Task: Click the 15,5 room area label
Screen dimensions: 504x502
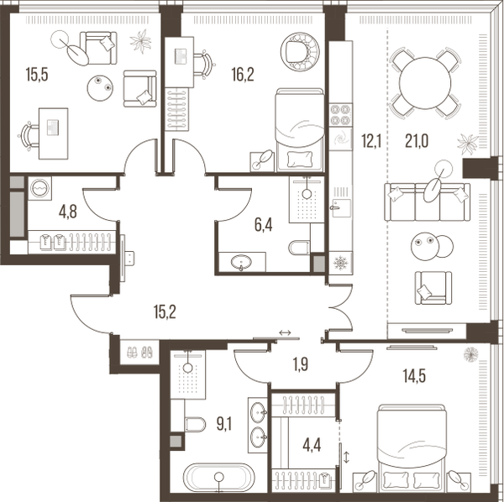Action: click(37, 75)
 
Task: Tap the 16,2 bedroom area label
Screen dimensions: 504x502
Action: click(243, 75)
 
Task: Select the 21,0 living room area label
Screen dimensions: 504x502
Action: click(417, 141)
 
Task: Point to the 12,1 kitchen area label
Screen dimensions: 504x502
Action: click(371, 141)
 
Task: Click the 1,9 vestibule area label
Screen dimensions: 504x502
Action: click(301, 364)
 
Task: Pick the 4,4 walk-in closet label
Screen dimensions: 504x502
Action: click(312, 446)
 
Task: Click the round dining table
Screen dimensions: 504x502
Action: click(425, 83)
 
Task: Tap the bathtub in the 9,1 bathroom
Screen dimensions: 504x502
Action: click(219, 477)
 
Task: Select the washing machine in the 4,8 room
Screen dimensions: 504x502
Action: click(39, 188)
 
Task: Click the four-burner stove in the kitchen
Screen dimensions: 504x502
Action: click(341, 115)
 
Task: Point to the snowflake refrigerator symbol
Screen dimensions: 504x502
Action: click(341, 263)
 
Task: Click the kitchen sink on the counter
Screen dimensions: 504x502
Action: click(341, 207)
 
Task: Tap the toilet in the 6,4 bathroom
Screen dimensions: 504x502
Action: click(300, 248)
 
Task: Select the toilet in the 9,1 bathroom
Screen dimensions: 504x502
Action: click(195, 424)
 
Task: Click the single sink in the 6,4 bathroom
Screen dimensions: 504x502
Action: click(241, 262)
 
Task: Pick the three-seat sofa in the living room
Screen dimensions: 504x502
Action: click(428, 201)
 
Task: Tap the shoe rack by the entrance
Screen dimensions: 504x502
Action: click(139, 353)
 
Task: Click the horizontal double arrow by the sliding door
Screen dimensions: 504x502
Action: click(285, 332)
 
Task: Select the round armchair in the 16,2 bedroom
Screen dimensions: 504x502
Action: click(300, 51)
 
